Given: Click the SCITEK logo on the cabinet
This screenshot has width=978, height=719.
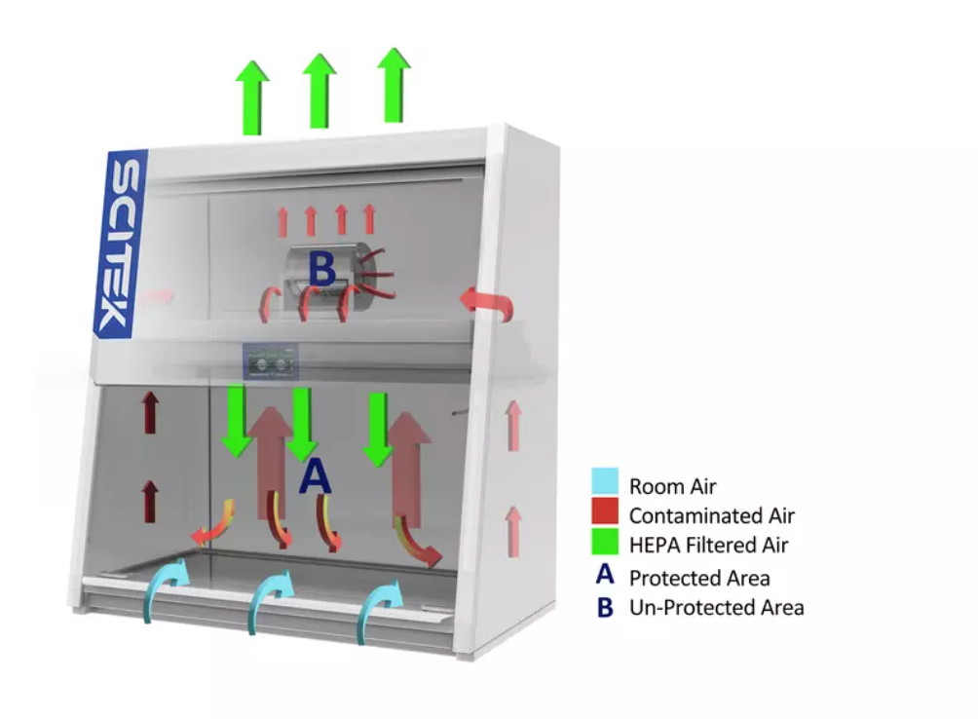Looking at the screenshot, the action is click(x=120, y=244).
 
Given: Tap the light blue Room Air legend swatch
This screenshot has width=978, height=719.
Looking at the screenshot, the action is click(x=605, y=481).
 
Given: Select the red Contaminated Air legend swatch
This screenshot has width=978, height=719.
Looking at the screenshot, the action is click(x=605, y=511).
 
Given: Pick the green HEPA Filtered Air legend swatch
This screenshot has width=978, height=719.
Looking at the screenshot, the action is click(x=605, y=541).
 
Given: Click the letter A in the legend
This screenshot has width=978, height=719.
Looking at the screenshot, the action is click(x=605, y=575).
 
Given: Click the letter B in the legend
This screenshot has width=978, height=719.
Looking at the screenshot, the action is click(x=605, y=607).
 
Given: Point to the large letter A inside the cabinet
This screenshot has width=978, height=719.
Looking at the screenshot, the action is click(x=315, y=475).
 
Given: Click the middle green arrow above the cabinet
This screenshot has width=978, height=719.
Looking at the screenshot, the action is click(x=320, y=91).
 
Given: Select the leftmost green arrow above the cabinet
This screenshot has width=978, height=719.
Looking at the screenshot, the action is click(x=252, y=97).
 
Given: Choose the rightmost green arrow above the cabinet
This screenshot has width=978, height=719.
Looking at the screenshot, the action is click(x=394, y=85).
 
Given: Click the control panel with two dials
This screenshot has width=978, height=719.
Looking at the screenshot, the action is click(x=271, y=361).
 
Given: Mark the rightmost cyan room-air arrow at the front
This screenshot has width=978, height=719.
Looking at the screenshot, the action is click(x=378, y=608).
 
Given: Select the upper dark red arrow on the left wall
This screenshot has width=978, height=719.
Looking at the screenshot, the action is click(x=150, y=412).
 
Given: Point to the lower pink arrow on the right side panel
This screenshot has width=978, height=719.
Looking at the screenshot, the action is click(x=513, y=531).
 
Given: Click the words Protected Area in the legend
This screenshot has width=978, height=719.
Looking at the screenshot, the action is click(x=699, y=578).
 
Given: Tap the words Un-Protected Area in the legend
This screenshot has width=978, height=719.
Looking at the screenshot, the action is click(x=717, y=607).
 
